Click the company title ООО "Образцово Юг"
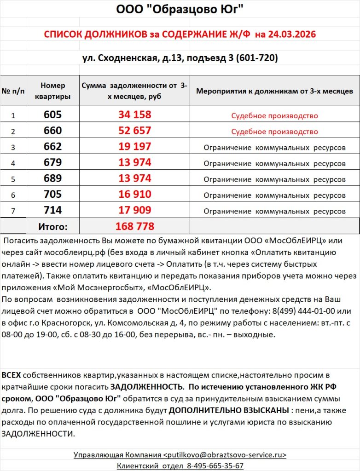(180, 9)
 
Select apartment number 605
(53, 115)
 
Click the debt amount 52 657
(134, 131)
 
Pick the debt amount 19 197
(134, 147)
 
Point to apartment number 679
(53, 163)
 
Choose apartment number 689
(53, 178)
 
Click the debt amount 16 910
(134, 195)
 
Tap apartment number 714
(53, 211)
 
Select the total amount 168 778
(134, 226)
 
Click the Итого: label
(53, 226)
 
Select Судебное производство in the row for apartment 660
(274, 132)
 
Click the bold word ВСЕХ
(11, 375)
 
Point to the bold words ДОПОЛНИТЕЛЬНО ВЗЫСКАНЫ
(227, 410)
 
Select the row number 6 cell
(13, 195)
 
